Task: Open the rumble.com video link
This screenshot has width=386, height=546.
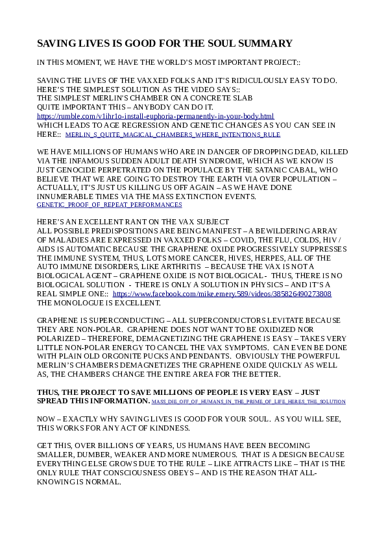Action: point(155,116)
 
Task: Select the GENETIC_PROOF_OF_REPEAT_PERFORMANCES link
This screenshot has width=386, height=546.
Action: point(109,204)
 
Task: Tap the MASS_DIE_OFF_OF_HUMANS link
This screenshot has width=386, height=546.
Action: point(248,402)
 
